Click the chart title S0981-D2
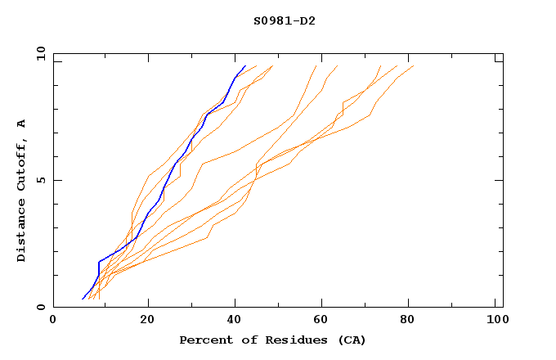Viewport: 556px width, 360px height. point(284,20)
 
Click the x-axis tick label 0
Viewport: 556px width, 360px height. point(53,322)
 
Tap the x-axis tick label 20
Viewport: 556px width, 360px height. point(147,322)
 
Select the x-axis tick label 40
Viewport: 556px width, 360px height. point(235,322)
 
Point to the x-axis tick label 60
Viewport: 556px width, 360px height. point(323,322)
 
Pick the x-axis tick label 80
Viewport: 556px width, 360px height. point(411,322)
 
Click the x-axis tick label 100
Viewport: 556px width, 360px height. point(496,322)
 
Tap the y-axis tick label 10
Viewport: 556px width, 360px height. point(40,54)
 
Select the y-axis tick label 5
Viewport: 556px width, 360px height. point(40,180)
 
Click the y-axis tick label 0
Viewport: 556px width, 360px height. point(40,307)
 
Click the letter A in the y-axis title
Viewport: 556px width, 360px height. point(22,124)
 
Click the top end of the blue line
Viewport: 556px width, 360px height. point(244,66)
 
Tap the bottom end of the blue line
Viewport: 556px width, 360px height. point(83,299)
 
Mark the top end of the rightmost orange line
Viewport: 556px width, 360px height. point(414,66)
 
